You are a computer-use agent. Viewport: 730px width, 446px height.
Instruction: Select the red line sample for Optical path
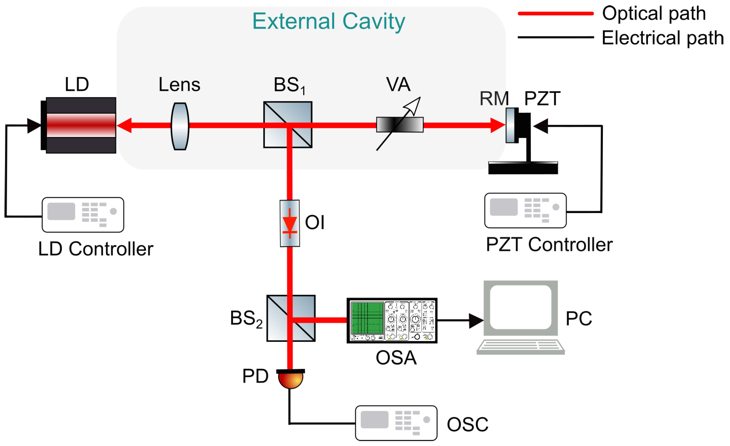556,13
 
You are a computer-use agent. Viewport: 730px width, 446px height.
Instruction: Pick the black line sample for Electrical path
556,37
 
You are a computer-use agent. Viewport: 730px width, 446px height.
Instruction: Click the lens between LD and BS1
180,126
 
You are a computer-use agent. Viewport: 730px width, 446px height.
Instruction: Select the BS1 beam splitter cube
288,125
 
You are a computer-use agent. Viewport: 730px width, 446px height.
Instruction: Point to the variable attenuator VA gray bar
400,125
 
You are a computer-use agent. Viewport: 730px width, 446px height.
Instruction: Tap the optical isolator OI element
290,223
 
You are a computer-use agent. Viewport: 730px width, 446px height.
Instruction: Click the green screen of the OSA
367,318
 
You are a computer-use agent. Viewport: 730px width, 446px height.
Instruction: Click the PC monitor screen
520,307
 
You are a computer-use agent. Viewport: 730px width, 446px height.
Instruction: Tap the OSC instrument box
396,423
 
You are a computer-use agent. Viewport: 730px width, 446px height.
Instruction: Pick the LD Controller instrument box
83,215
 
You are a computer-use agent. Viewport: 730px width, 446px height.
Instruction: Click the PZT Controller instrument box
525,211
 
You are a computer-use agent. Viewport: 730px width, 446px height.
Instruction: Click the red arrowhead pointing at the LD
124,125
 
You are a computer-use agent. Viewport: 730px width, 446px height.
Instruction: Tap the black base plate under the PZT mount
523,168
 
